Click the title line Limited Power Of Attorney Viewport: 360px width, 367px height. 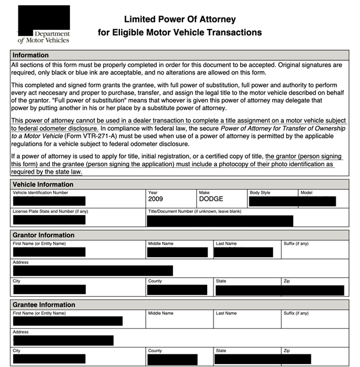click(x=179, y=20)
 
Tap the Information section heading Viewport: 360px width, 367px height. click(x=31, y=55)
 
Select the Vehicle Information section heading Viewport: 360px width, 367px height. click(x=43, y=184)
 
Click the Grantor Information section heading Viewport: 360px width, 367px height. click(x=43, y=235)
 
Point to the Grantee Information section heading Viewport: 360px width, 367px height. click(x=44, y=305)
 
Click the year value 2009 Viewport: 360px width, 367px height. click(x=156, y=199)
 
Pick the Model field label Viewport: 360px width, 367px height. click(x=306, y=192)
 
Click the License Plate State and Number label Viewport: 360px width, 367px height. click(x=50, y=211)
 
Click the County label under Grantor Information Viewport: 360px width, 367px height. click(x=155, y=281)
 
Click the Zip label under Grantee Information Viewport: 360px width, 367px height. click(x=287, y=350)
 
